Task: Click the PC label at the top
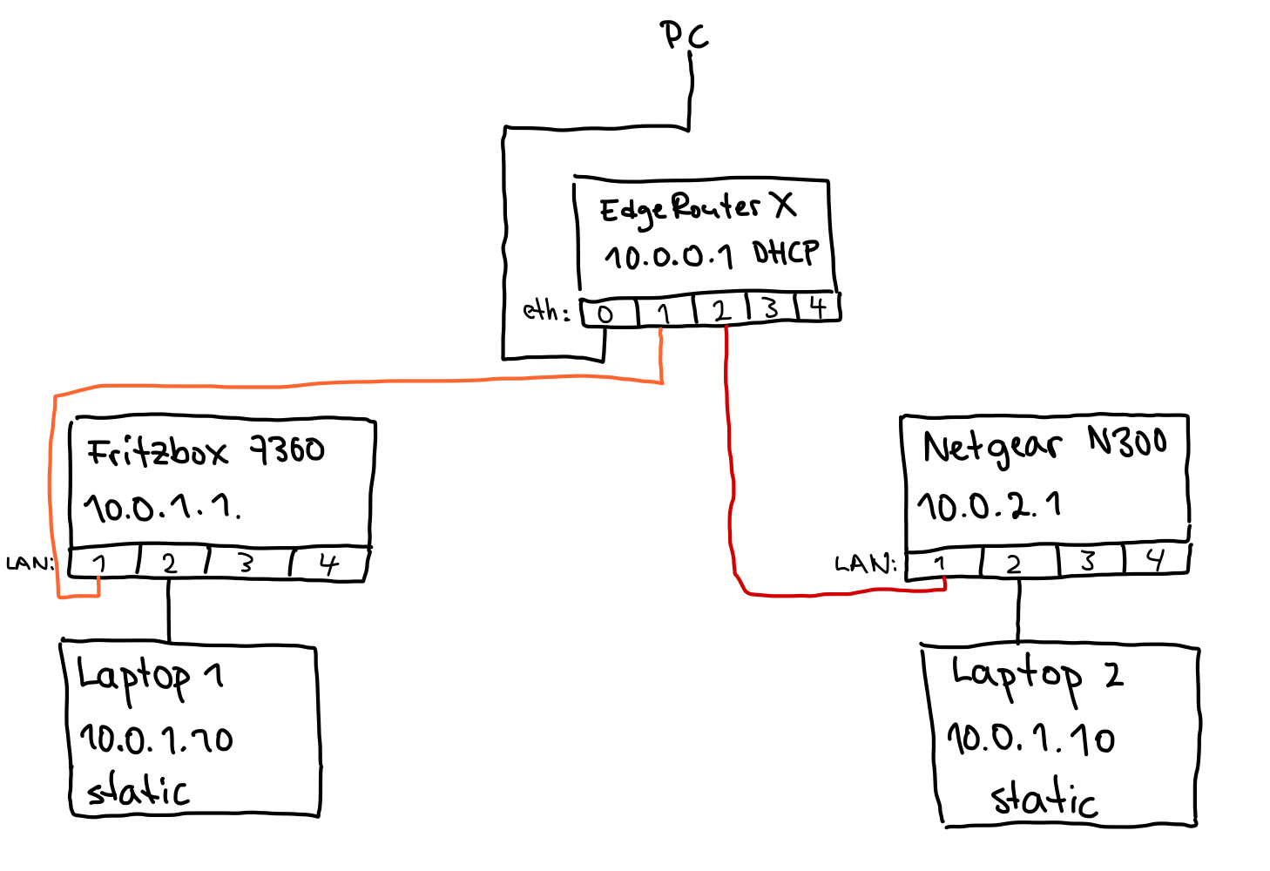point(684,36)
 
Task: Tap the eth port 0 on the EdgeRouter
point(607,313)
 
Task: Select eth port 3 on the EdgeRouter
point(770,308)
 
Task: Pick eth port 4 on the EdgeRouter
point(817,307)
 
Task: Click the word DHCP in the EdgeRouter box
point(786,253)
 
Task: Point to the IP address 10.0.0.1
point(669,256)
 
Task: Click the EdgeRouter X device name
point(697,208)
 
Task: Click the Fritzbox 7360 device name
point(206,451)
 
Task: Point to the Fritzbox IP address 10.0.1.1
point(162,507)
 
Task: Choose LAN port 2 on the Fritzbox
point(171,564)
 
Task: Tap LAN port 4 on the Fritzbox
point(328,564)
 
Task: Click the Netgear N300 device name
point(1044,445)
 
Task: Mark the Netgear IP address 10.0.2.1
point(989,505)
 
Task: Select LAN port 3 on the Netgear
point(1089,561)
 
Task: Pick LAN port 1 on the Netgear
point(942,564)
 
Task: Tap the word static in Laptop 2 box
point(1044,798)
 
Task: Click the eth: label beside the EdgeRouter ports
point(545,311)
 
